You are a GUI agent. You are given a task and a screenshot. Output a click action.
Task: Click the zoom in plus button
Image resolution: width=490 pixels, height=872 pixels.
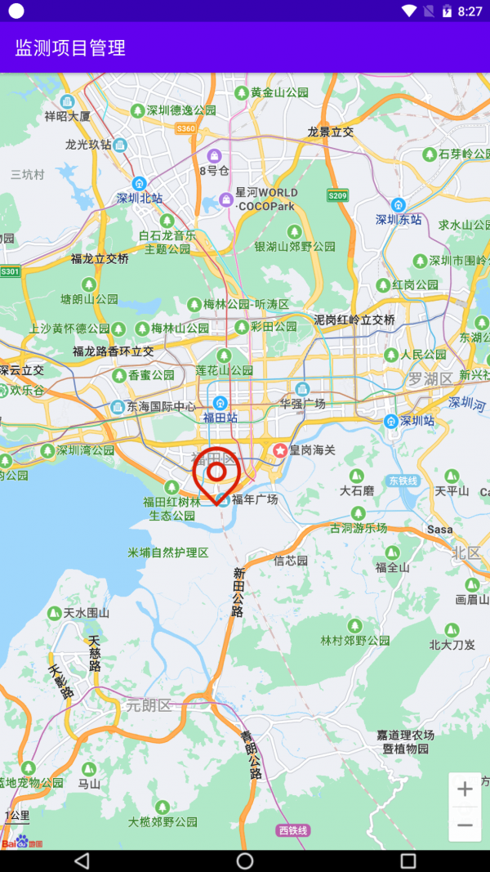[x=465, y=789]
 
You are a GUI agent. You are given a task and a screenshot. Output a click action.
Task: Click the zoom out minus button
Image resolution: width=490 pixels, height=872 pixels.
[x=465, y=825]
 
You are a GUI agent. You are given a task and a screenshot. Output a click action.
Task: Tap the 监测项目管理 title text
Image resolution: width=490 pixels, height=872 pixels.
[x=70, y=47]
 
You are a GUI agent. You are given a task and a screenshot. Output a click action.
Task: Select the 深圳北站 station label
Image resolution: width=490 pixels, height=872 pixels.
[x=140, y=198]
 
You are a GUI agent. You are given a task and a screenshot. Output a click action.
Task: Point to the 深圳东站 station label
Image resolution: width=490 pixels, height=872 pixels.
[x=399, y=219]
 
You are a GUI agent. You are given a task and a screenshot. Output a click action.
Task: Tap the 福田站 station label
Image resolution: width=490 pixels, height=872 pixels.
[x=220, y=417]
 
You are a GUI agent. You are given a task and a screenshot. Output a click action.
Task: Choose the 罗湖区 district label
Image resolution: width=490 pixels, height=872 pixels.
[x=430, y=379]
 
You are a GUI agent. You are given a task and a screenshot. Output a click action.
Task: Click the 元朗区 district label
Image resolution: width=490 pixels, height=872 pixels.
[x=148, y=705]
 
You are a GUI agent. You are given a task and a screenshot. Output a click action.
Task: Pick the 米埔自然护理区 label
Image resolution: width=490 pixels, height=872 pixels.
[x=168, y=552]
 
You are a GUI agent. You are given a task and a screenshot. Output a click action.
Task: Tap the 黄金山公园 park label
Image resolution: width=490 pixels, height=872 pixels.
[x=279, y=92]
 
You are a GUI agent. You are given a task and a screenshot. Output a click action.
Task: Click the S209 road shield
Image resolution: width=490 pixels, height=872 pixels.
[x=337, y=195]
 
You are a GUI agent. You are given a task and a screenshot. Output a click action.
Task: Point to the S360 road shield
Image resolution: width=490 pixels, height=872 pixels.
[x=186, y=128]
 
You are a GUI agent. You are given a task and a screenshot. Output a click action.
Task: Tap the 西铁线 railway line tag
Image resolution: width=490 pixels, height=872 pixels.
[x=293, y=830]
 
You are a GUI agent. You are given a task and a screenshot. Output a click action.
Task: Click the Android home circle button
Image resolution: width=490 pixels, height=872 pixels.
[x=245, y=861]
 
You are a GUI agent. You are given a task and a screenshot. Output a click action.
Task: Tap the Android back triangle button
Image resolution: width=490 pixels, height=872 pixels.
[x=82, y=861]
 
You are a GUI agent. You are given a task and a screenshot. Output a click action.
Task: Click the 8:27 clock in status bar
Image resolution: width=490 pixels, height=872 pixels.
[x=470, y=11]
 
